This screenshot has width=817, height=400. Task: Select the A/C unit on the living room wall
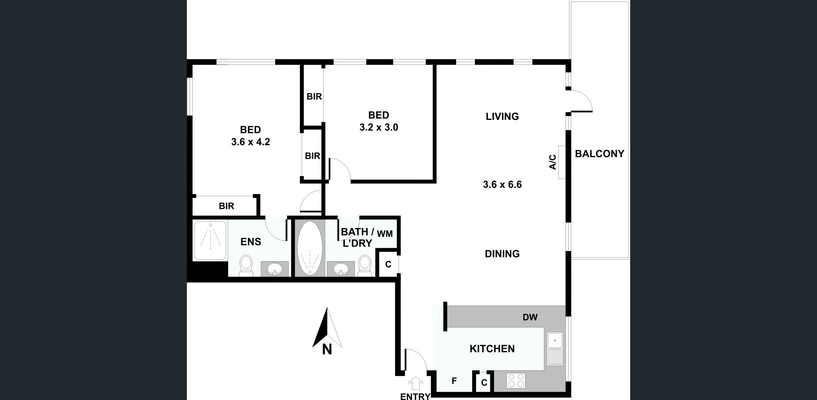pos(562,162)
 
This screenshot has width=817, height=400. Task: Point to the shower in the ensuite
pos(210,240)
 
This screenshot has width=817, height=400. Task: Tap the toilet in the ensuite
pos(246,266)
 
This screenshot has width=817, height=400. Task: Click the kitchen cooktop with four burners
pos(516,381)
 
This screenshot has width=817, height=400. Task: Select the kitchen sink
pos(555,349)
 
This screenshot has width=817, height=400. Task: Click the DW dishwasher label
pos(530,317)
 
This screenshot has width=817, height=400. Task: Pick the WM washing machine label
pos(385,234)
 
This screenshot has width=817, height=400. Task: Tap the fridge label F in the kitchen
pos(454,381)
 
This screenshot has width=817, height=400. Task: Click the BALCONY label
pos(600,154)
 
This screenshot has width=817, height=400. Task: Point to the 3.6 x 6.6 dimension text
pos(502,184)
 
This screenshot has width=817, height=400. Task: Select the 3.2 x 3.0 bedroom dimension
pos(379,127)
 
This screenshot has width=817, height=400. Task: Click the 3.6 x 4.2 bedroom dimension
pos(250,142)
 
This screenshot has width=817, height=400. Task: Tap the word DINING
pos(502,254)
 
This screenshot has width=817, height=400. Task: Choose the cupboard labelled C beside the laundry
pos(388,264)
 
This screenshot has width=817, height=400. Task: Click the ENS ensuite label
pos(251,242)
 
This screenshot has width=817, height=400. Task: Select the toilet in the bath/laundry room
pos(365,266)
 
